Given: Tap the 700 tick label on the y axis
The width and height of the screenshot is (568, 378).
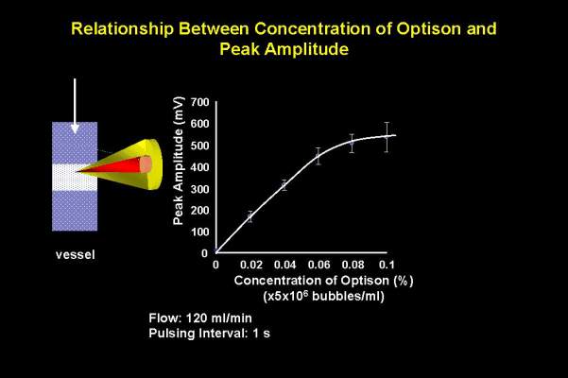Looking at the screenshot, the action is (199, 102).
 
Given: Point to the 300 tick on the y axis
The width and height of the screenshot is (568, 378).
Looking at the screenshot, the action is (199, 189).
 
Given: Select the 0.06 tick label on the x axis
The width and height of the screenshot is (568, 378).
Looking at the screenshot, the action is (318, 265).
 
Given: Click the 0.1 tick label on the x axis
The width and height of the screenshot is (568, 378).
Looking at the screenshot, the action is (387, 265).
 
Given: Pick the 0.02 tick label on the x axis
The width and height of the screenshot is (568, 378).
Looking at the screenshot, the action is (251, 265).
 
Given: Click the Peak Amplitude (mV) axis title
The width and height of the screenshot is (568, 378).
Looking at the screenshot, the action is (179, 161).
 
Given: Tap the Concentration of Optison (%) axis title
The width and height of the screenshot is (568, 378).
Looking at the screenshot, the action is (323, 281).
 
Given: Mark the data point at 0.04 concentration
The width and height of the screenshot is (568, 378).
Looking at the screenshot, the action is (284, 186).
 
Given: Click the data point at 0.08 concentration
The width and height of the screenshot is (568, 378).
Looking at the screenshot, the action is (352, 143).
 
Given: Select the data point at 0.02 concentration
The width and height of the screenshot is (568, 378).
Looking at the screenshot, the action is (250, 217).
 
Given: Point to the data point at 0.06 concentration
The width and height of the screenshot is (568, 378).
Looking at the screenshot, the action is (318, 157).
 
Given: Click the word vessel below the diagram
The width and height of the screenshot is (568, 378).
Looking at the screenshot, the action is (76, 254).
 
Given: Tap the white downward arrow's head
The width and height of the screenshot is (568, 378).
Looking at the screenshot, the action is (75, 129).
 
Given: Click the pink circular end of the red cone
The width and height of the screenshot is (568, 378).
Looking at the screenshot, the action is (146, 164).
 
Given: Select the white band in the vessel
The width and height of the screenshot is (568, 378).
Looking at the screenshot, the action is (75, 178).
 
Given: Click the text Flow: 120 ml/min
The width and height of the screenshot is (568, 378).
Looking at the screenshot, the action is (200, 318).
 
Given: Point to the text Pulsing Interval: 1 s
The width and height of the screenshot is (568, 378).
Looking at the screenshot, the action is (210, 333).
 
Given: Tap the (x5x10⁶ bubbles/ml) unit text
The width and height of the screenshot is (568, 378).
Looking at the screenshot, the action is (323, 296).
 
